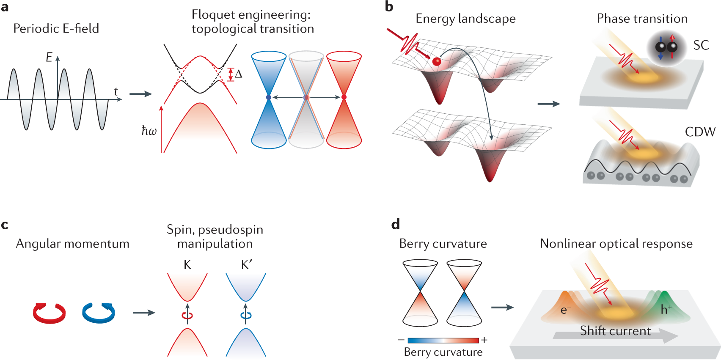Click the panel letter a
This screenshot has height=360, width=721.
point(5,7)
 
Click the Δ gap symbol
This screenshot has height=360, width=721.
point(239,74)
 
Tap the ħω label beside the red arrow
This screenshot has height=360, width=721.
point(149,131)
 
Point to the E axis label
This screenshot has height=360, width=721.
point(49,58)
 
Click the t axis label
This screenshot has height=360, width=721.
point(116,92)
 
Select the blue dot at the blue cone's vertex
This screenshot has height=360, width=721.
point(268,97)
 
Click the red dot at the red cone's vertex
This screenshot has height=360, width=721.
point(344,97)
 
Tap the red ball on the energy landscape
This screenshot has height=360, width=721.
point(437,62)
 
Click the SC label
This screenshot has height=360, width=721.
point(701,45)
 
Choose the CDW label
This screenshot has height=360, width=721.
point(700,132)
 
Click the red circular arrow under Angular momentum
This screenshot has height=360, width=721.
point(50,313)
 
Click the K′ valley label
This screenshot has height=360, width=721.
point(247,265)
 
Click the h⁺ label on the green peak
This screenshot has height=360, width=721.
point(666,309)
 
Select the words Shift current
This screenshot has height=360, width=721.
point(615,330)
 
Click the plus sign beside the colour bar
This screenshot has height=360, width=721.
point(484,340)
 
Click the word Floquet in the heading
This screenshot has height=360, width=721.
point(212,15)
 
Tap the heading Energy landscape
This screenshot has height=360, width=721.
point(465,19)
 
